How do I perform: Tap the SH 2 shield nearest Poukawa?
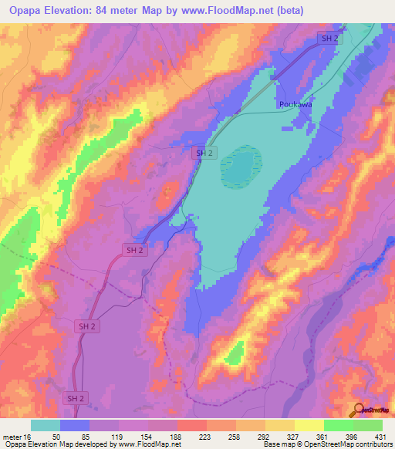point(329,39)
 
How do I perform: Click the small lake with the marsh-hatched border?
point(241,166)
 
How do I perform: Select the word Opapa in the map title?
point(24,10)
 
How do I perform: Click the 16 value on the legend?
point(27,436)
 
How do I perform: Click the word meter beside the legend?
point(11,436)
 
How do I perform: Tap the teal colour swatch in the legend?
point(45,425)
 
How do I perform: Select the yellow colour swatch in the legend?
point(308,425)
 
